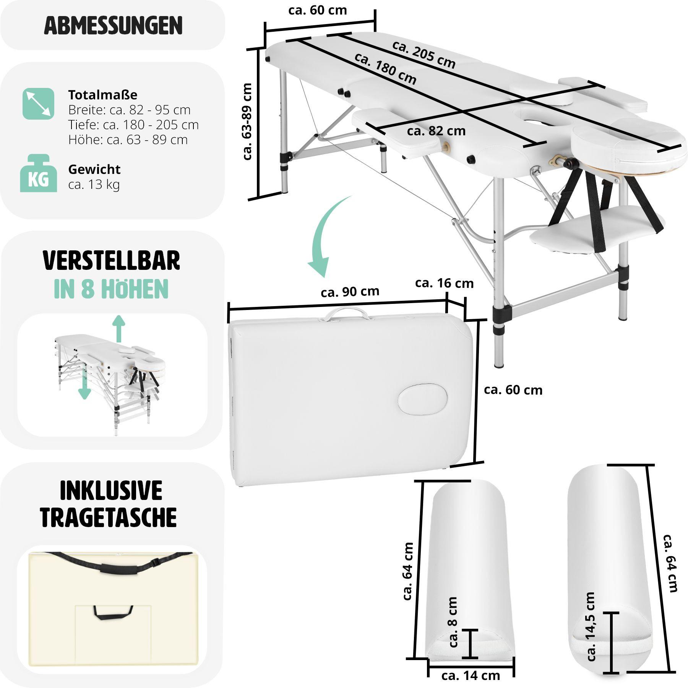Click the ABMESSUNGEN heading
click(x=113, y=26)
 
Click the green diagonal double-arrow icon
click(x=38, y=104)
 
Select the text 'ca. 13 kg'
click(x=94, y=184)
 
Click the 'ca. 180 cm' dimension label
click(x=385, y=69)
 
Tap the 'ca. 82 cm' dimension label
click(x=436, y=131)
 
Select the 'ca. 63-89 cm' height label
click(x=247, y=122)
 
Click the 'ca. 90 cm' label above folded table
click(x=350, y=292)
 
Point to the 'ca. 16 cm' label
click(x=444, y=283)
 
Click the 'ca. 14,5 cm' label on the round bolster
click(x=591, y=627)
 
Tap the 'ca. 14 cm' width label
click(x=471, y=675)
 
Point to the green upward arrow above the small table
click(x=119, y=328)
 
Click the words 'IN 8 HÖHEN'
click(x=111, y=289)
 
